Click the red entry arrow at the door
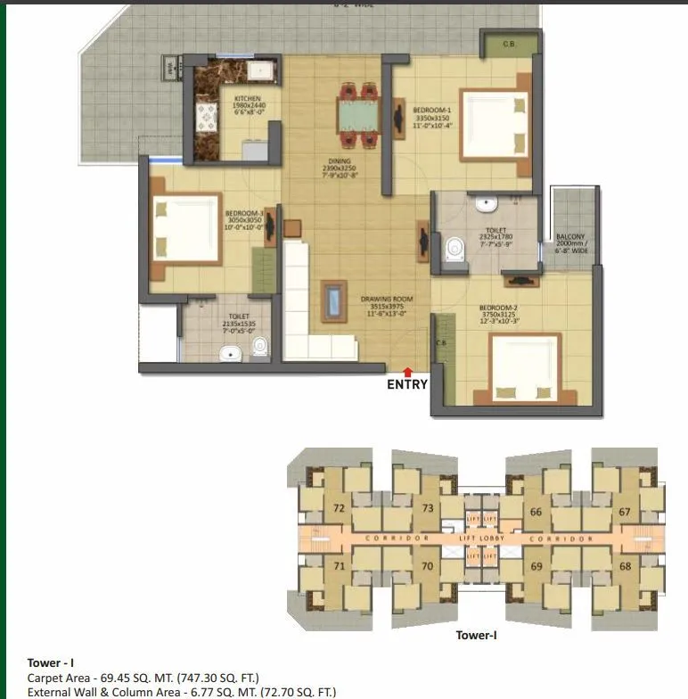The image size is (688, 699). [x=407, y=371]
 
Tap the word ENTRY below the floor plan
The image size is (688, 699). [x=407, y=385]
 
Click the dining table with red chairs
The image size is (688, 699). [x=356, y=114]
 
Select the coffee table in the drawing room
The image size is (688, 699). [x=333, y=300]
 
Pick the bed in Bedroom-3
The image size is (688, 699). [x=185, y=229]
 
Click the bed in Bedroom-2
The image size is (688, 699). [x=523, y=367]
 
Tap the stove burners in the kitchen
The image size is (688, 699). [x=207, y=117]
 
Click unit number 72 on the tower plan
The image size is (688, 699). [x=339, y=509]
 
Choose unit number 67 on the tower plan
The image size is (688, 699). [x=624, y=512]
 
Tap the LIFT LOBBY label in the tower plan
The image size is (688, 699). [x=480, y=539]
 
